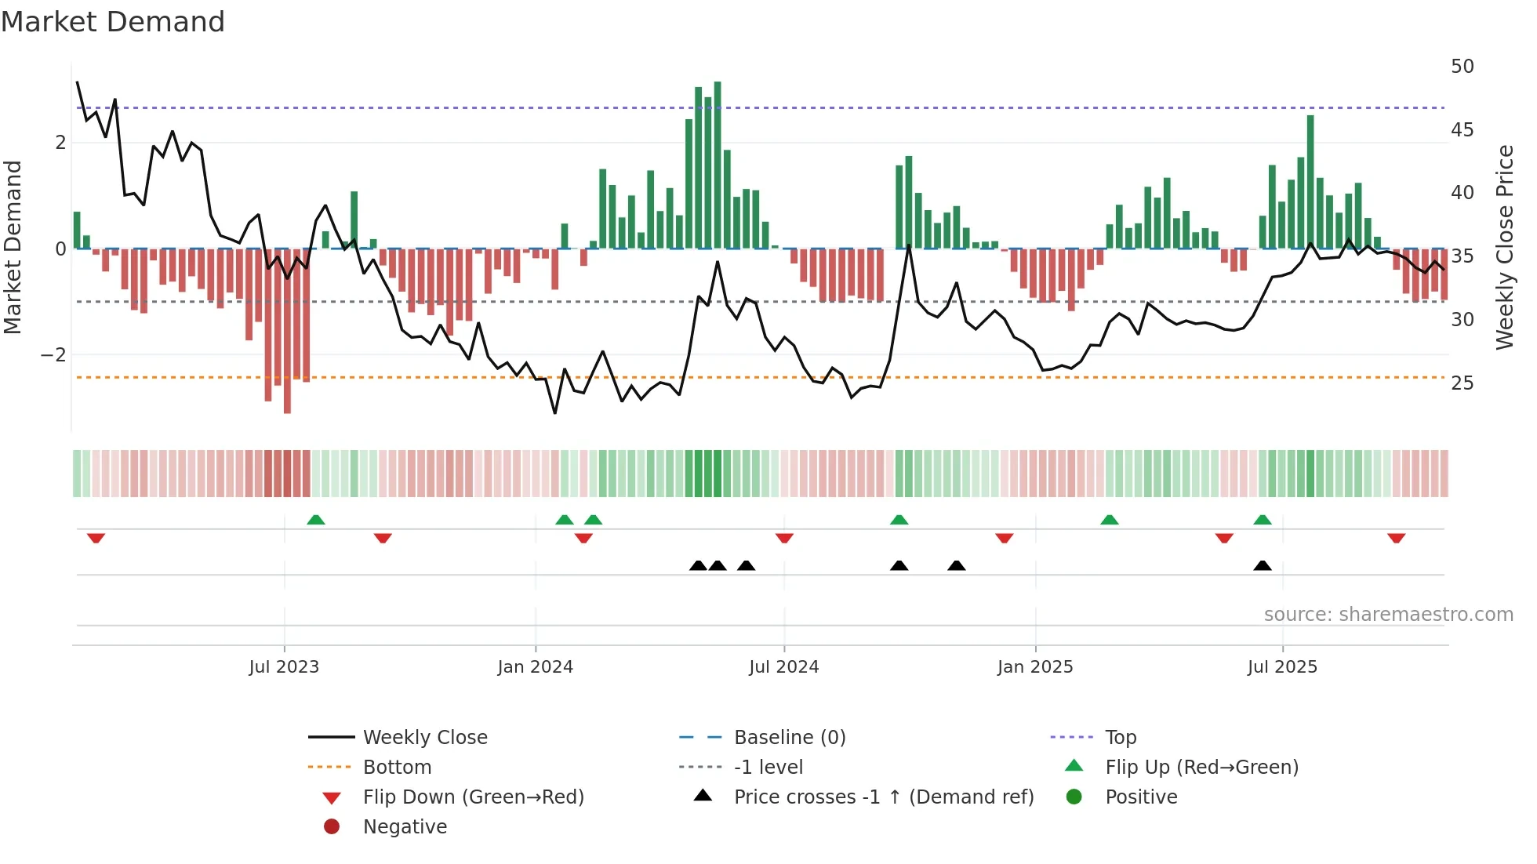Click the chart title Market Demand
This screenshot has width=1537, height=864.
(113, 21)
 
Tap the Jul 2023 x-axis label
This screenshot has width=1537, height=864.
(284, 667)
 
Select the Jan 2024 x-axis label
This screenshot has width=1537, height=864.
(536, 667)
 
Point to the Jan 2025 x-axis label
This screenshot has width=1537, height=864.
(1035, 667)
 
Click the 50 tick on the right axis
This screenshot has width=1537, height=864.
(1462, 67)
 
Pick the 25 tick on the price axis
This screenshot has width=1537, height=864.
(1462, 383)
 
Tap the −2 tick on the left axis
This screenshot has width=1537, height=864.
(53, 355)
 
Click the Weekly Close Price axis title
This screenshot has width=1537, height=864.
(1504, 247)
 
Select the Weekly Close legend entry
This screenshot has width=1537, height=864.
(424, 738)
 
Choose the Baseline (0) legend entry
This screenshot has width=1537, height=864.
(789, 738)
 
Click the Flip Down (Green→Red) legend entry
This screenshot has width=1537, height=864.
(473, 797)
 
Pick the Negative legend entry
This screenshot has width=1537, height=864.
(405, 827)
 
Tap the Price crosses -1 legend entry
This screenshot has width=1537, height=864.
(883, 797)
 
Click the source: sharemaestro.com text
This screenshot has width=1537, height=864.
(1388, 615)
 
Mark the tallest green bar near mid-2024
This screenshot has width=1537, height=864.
(718, 165)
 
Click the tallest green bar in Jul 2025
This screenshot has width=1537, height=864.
(1310, 182)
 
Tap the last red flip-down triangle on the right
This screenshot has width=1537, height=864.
(1396, 538)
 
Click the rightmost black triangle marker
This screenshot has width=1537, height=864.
(1262, 565)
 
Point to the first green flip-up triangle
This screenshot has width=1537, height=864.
(315, 520)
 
